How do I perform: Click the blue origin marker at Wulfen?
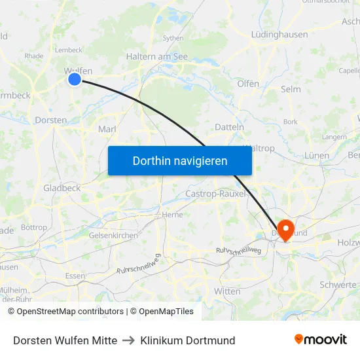click(75, 79)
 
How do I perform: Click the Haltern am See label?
click(157, 57)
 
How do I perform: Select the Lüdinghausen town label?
click(279, 34)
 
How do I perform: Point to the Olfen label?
click(248, 84)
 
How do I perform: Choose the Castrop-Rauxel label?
click(216, 194)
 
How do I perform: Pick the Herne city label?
click(172, 214)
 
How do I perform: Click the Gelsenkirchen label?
click(113, 235)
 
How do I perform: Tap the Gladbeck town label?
click(62, 188)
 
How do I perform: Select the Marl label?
click(107, 129)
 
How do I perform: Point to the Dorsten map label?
click(50, 120)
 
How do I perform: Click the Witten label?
click(227, 291)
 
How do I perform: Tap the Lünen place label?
click(317, 156)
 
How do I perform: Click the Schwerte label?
click(338, 285)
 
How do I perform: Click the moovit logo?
click(320, 339)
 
